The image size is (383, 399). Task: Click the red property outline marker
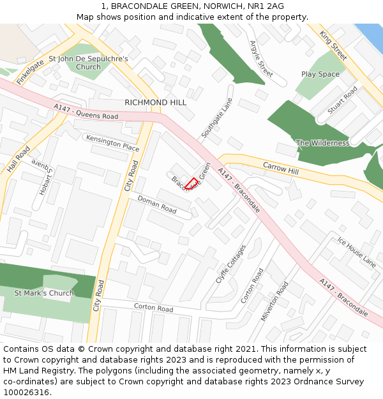191,183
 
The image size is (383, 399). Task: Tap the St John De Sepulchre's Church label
88,63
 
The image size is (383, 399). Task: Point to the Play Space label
320,74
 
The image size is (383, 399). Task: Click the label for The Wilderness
322,143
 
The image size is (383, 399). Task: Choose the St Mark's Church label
44,293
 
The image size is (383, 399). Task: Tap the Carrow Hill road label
281,169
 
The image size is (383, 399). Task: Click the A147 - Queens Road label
86,112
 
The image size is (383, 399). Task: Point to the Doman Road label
157,204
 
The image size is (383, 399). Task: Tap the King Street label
333,45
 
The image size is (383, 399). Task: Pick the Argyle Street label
261,59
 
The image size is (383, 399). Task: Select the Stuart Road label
342,102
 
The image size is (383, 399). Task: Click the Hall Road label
19,160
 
